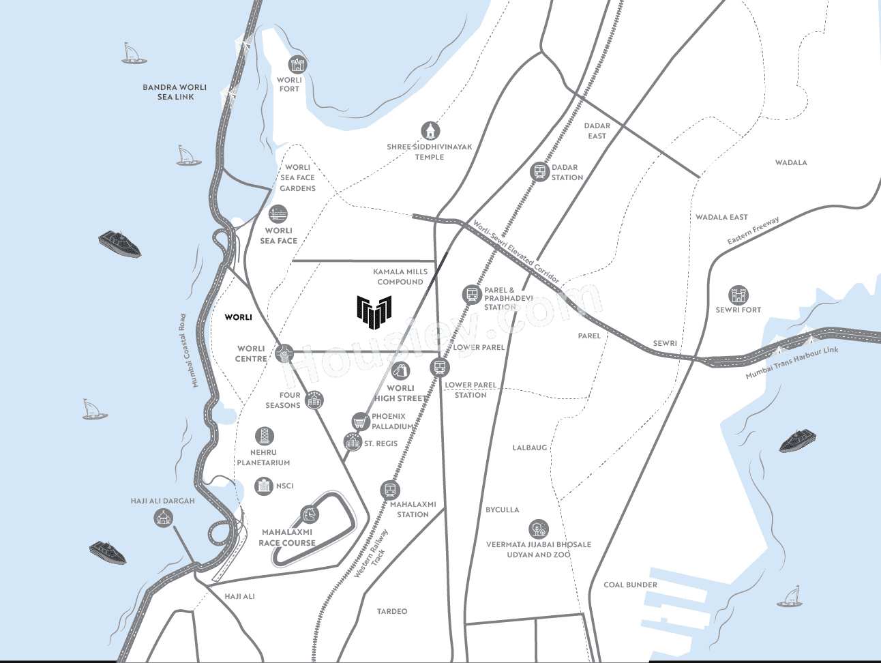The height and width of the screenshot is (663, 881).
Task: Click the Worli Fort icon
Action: tap(297, 64)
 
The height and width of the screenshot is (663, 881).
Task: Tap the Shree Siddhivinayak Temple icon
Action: tap(430, 130)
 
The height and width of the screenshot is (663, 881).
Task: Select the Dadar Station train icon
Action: tap(540, 171)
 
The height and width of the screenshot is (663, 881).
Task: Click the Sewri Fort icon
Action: tap(738, 295)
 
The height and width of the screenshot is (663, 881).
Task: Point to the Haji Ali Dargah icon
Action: tap(163, 518)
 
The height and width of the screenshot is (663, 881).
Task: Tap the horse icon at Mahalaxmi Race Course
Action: tap(310, 514)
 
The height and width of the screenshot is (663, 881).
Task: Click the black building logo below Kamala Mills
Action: tap(374, 312)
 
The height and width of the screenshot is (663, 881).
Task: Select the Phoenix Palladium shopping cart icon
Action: tap(360, 422)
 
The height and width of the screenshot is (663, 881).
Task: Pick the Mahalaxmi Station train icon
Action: tap(390, 490)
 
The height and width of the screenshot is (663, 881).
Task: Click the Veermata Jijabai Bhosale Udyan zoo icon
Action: tap(538, 529)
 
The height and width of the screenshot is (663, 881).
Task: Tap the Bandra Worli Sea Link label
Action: tap(175, 92)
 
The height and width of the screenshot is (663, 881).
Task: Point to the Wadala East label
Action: tap(721, 217)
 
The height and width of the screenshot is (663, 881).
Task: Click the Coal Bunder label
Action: tap(631, 585)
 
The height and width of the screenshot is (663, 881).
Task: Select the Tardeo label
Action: tap(392, 611)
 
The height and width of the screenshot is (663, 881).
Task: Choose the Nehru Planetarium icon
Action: tap(264, 436)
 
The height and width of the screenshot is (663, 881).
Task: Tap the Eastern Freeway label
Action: tap(753, 231)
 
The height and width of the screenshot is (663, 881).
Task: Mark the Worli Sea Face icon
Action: tap(278, 214)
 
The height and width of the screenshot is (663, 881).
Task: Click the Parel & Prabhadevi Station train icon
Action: tap(472, 294)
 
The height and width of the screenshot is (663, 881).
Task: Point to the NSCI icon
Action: tap(263, 486)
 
